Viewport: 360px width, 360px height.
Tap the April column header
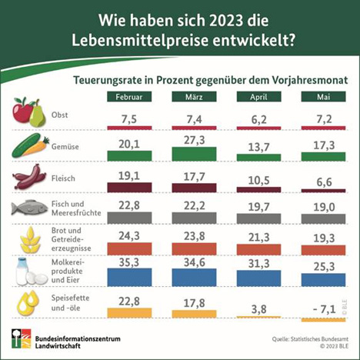point(257,97)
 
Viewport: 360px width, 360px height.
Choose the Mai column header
point(322,97)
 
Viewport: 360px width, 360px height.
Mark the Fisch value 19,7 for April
point(257,206)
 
